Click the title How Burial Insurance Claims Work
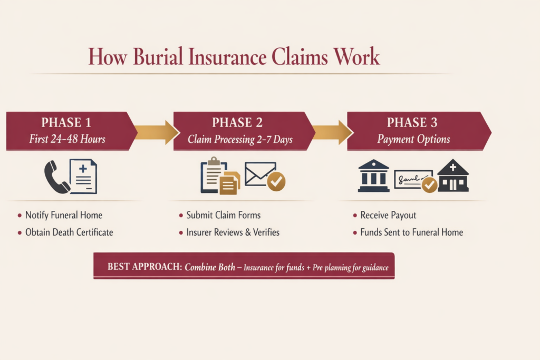click(x=234, y=56)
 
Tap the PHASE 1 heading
click(x=66, y=123)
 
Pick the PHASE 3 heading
click(x=412, y=123)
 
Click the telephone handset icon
click(x=56, y=177)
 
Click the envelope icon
click(x=259, y=173)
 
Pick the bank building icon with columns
click(x=373, y=176)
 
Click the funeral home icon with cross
click(x=453, y=176)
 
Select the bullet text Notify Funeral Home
click(x=64, y=215)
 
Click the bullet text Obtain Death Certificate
click(x=69, y=232)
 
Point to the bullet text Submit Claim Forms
click(x=224, y=215)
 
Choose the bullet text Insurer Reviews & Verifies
click(x=233, y=232)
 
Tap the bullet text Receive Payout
click(x=388, y=215)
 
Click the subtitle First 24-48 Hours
click(x=67, y=139)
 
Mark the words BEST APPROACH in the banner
click(x=144, y=267)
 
